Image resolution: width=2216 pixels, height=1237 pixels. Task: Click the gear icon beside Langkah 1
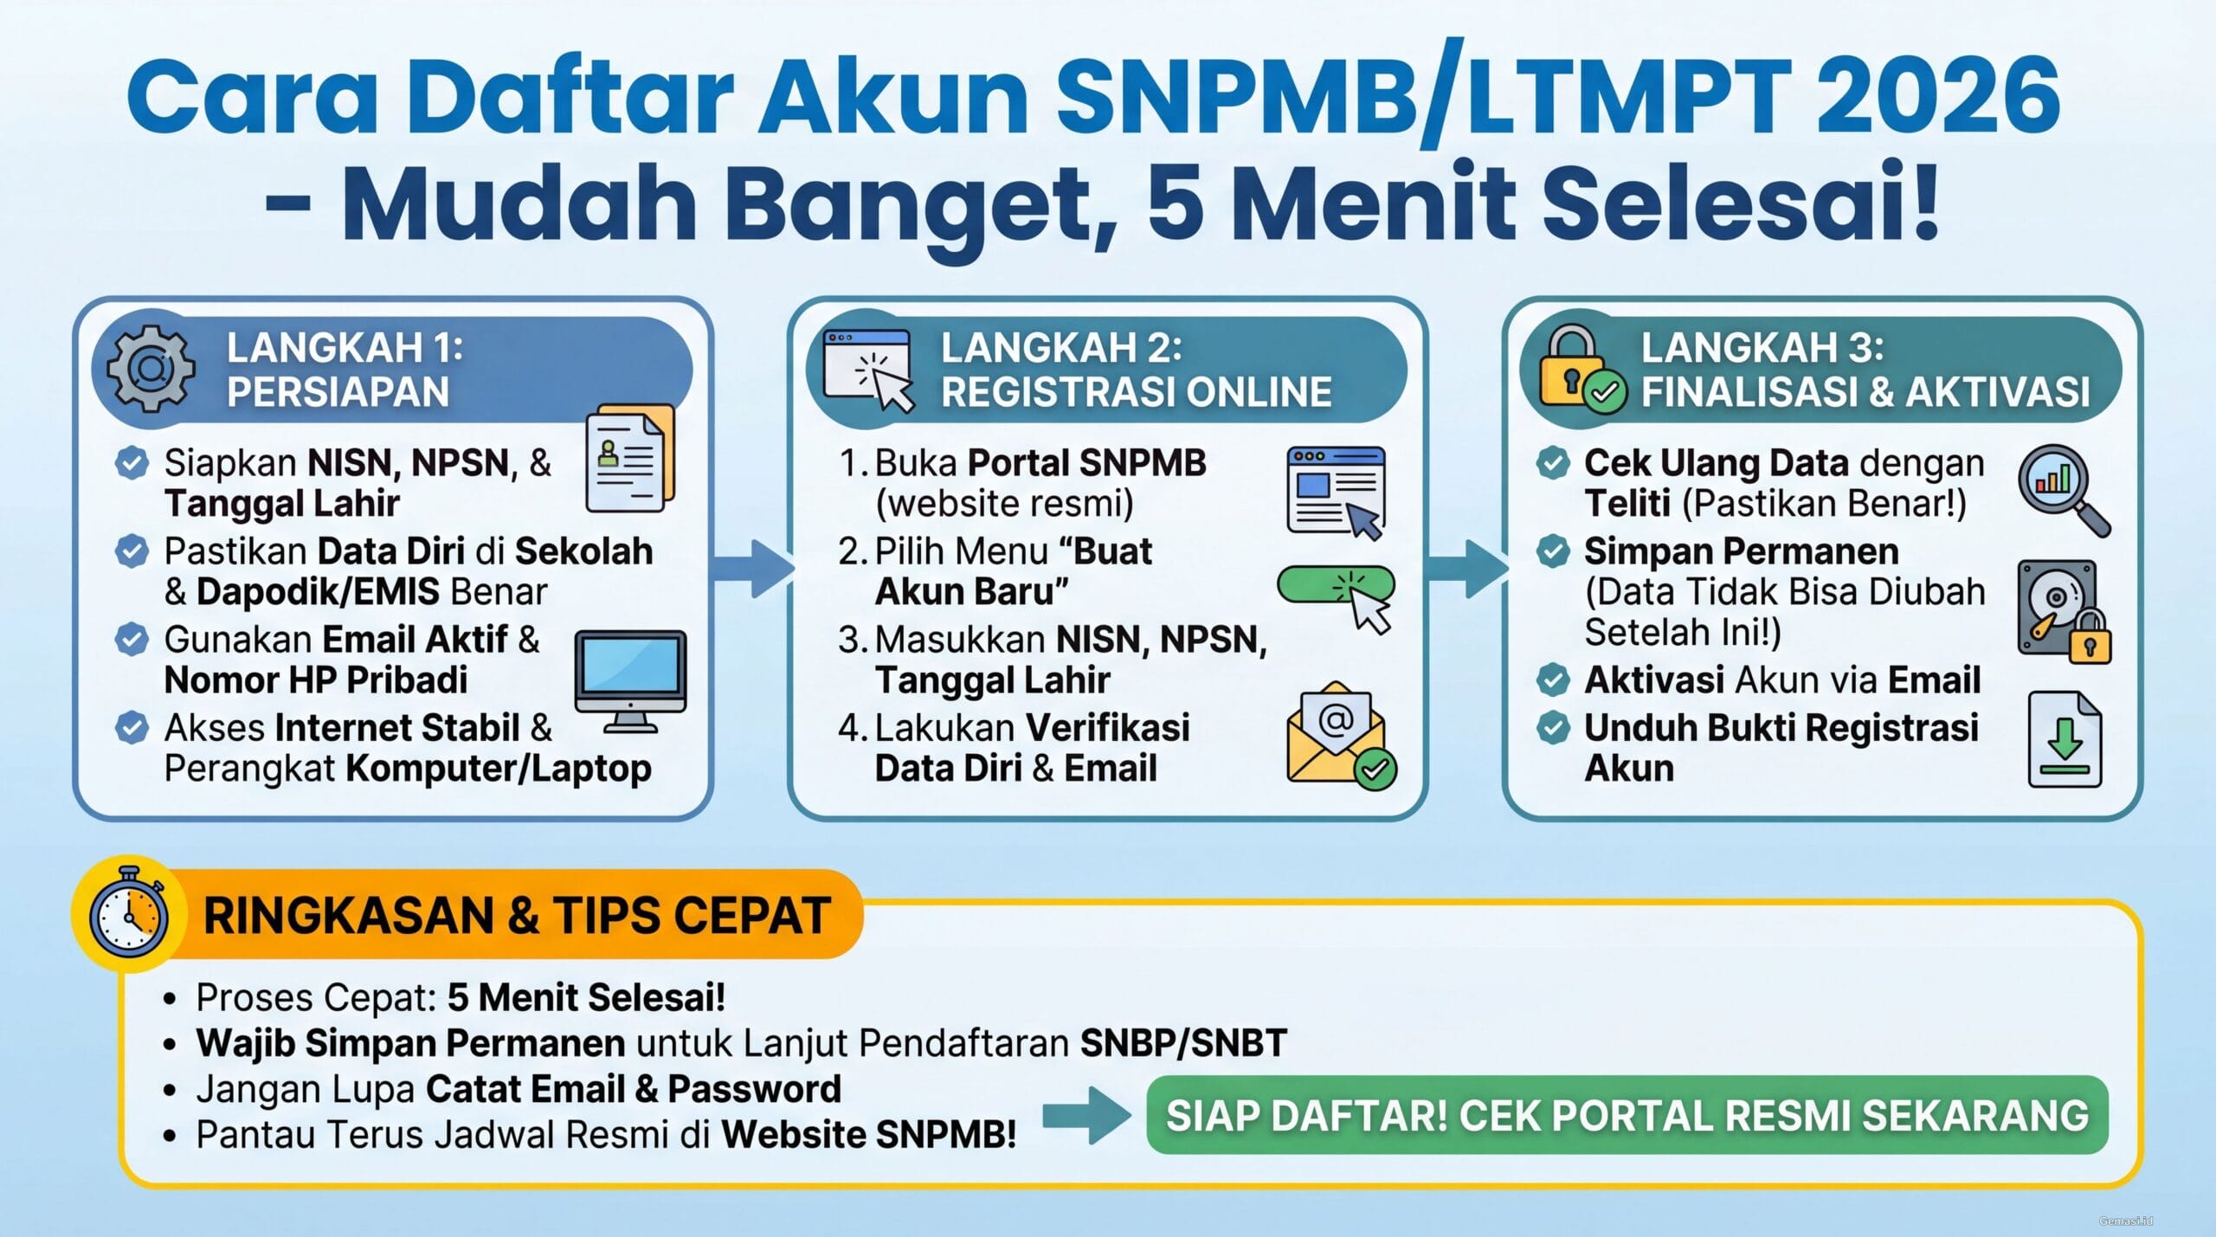pos(151,369)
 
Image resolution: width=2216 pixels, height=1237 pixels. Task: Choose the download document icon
pos(2065,739)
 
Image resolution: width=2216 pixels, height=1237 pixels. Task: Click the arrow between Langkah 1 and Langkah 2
pos(752,568)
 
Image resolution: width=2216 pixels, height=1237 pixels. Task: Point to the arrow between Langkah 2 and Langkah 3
pos(1466,568)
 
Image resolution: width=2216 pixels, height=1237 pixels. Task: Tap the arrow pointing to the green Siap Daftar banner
pos(1086,1115)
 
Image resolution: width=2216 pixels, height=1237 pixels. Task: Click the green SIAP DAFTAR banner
pos(1627,1115)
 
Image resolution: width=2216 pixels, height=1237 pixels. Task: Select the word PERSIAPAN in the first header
pos(338,392)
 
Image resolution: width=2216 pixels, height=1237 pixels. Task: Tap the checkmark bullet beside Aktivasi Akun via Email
pos(1553,680)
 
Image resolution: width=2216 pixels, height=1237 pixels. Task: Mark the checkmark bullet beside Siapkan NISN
pos(132,462)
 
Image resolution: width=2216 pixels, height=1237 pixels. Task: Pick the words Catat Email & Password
pos(633,1089)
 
